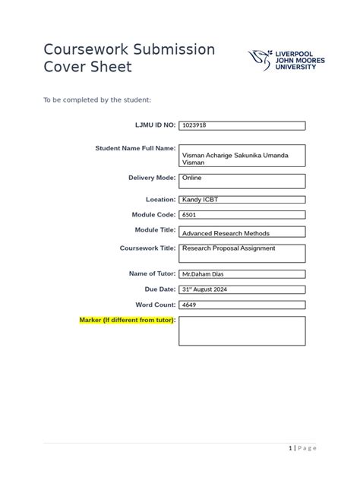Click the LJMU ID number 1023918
(194, 126)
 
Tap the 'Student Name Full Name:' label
(135, 148)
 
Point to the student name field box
(242, 156)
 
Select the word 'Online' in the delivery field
(191, 178)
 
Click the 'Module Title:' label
(155, 229)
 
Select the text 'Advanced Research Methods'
(226, 233)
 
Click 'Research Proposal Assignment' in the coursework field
(229, 248)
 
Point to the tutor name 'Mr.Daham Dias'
(206, 273)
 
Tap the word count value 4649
(190, 305)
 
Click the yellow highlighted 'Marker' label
(128, 321)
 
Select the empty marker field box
(242, 331)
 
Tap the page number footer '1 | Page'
(302, 448)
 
